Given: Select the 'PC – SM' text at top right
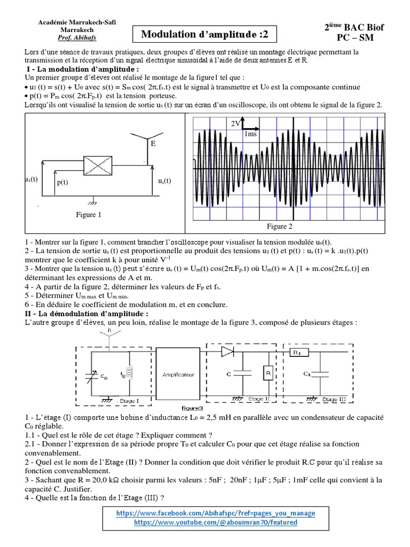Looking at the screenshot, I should [361, 38].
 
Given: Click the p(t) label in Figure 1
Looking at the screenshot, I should [63, 182].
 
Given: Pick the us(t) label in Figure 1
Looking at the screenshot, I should [164, 181].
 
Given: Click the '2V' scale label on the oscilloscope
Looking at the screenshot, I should [235, 123].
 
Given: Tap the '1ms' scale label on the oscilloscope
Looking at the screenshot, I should [250, 134].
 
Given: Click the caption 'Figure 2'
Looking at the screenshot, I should [280, 226].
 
